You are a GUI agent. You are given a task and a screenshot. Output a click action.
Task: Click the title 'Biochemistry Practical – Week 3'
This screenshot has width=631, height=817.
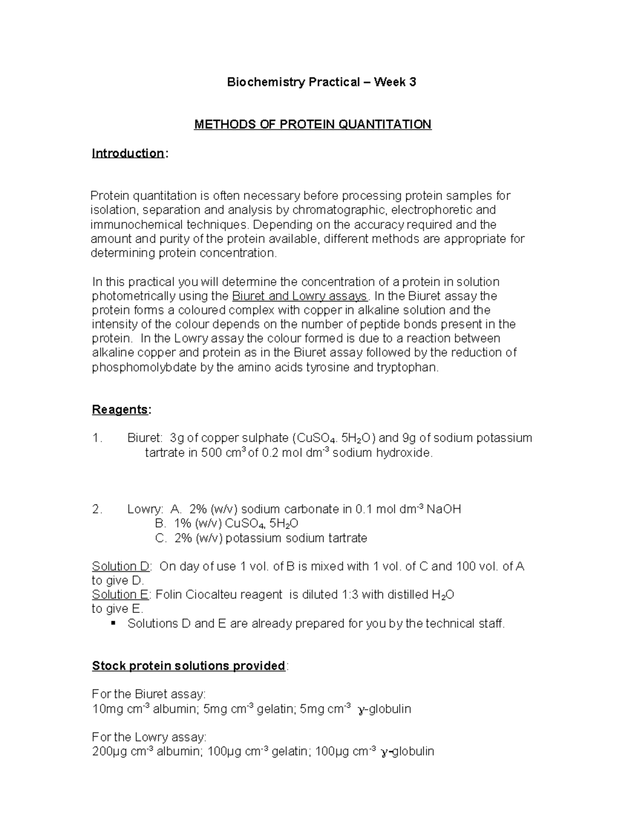click(321, 82)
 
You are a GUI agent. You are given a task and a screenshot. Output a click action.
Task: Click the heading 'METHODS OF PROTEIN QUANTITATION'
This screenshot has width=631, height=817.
click(312, 124)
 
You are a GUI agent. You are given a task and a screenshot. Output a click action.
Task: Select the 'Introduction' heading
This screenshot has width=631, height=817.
click(128, 153)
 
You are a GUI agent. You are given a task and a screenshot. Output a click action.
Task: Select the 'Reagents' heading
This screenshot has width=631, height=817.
click(120, 410)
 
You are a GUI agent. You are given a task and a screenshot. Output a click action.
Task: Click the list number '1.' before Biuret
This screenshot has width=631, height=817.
click(97, 438)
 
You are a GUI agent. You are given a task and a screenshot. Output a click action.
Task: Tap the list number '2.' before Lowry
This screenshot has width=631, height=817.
click(97, 509)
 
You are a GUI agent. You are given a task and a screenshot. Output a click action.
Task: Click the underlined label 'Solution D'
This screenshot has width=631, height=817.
click(121, 567)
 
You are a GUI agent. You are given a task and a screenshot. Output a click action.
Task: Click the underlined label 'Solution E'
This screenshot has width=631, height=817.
click(121, 595)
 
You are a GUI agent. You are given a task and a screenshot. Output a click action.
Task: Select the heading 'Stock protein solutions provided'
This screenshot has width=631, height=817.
click(188, 666)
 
